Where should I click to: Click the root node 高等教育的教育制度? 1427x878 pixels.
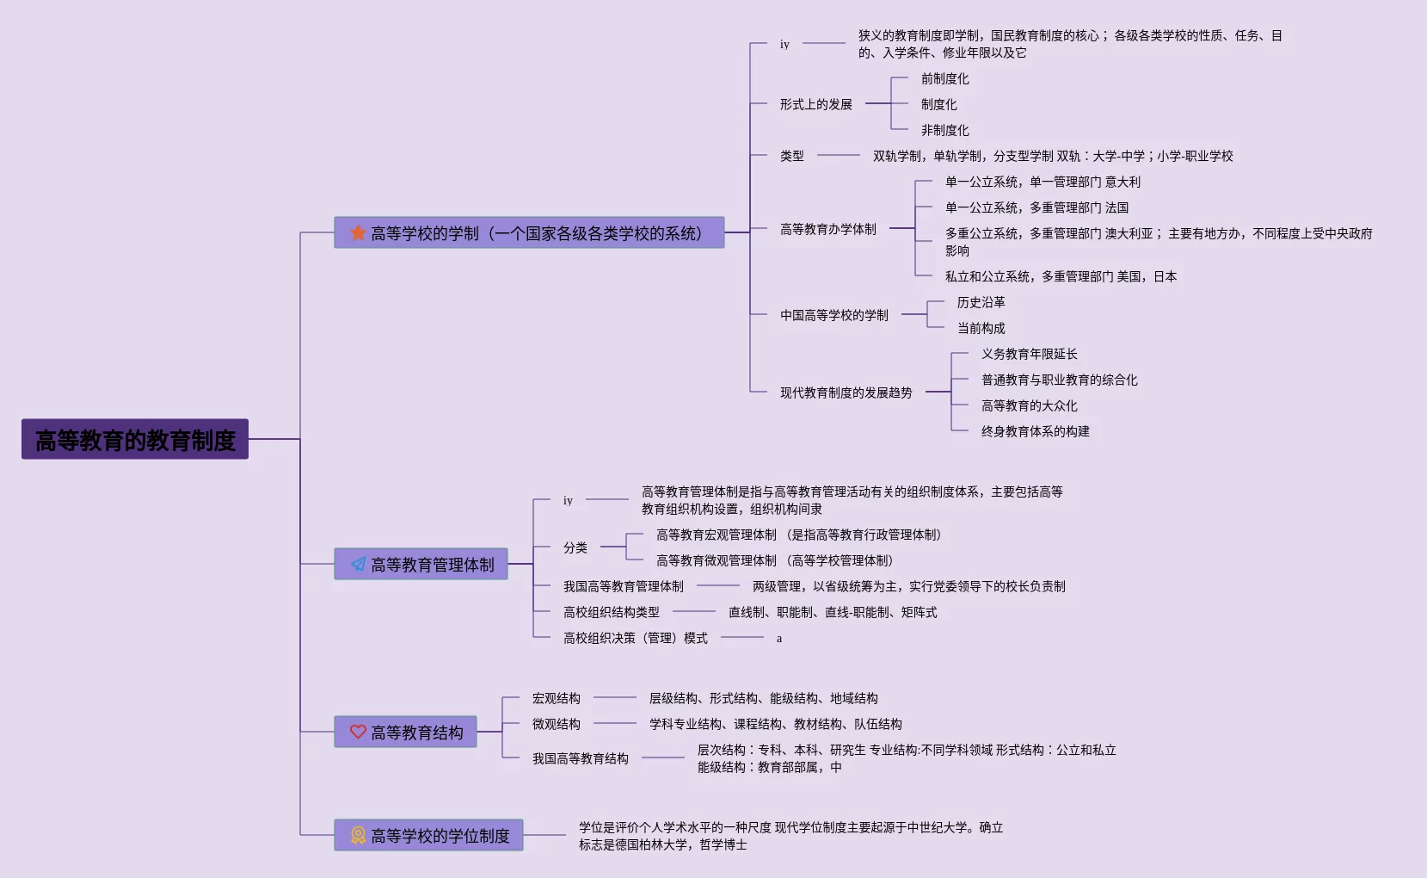point(135,440)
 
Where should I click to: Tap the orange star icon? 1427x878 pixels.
point(358,232)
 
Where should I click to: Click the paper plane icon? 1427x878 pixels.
point(358,565)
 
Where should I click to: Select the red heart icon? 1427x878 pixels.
point(358,732)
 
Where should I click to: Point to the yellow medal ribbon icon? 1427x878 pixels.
point(358,835)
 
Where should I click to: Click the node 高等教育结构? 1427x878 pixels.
point(417,733)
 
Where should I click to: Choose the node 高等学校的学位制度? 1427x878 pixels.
point(440,836)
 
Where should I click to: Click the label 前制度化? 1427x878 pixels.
point(944,78)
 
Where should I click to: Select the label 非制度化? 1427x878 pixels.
point(944,130)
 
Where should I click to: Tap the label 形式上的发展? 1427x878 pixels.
point(815,104)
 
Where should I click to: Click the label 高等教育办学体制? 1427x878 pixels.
point(827,229)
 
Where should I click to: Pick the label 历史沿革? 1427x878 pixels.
point(981,302)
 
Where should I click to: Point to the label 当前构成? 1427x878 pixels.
point(981,328)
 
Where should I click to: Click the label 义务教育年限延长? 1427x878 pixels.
point(1029,354)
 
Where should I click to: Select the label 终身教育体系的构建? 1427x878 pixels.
point(1035,431)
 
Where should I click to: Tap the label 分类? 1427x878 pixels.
point(575,547)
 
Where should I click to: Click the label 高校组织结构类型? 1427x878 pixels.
point(611,612)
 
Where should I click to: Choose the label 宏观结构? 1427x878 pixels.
point(556,698)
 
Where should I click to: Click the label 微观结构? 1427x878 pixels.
point(556,724)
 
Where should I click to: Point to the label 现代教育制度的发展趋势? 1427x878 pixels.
point(846,393)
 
